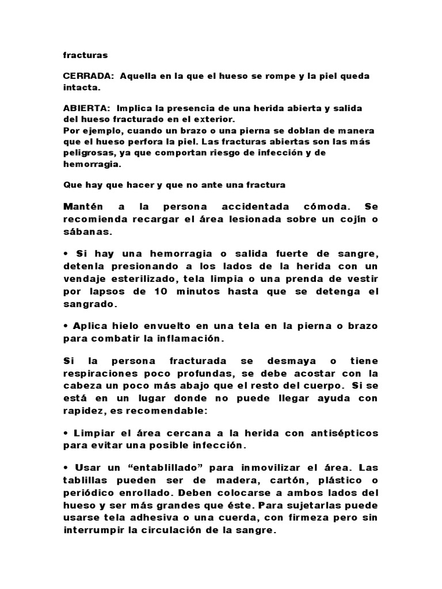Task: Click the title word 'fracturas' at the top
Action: coord(85,56)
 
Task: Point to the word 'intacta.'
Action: coord(82,88)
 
